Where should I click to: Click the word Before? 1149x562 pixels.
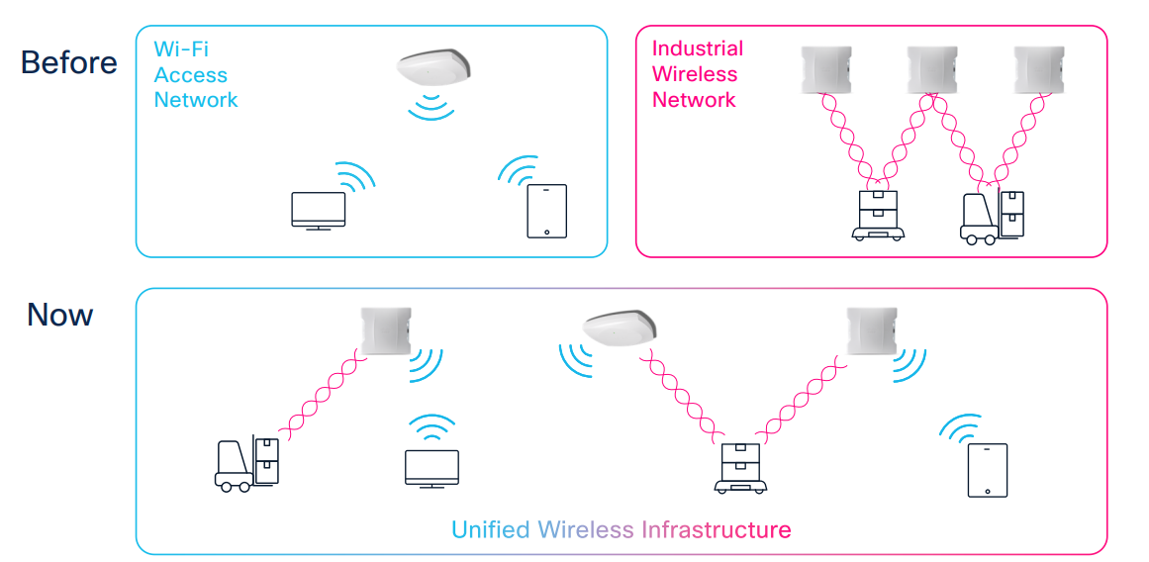point(68,63)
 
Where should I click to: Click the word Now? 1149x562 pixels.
point(60,316)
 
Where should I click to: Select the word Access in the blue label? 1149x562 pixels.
point(190,74)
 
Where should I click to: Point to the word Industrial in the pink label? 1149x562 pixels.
point(697,48)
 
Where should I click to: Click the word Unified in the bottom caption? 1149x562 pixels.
point(491,529)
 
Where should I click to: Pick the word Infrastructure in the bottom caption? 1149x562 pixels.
point(716,529)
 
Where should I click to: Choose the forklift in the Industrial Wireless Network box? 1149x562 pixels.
point(992,219)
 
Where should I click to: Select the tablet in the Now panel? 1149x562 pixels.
point(987,470)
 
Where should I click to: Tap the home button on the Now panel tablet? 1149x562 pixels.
point(987,490)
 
